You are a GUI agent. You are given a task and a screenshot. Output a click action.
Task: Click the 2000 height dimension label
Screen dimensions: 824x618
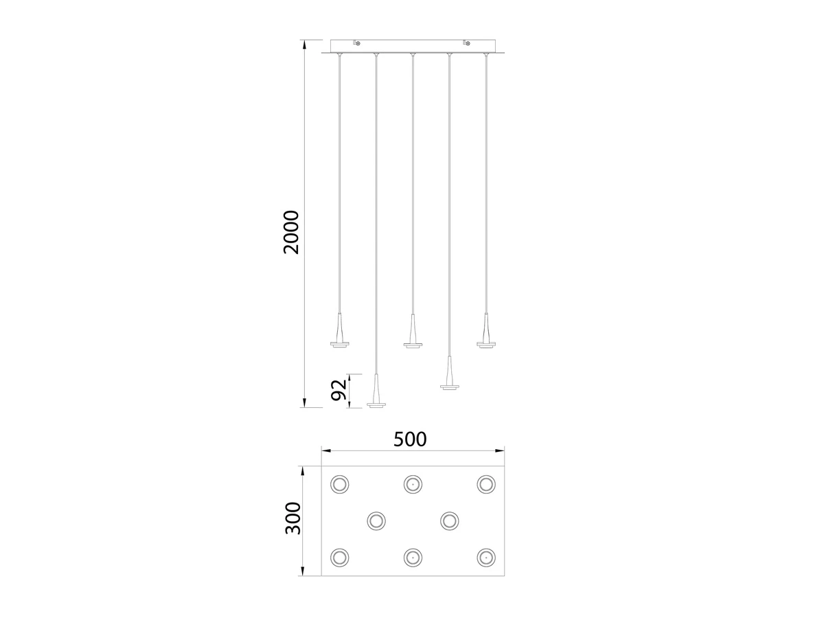click(x=291, y=232)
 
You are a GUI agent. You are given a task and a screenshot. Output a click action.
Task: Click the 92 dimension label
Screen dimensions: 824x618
click(x=339, y=390)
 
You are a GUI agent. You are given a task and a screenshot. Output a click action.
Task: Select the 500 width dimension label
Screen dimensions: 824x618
click(x=410, y=439)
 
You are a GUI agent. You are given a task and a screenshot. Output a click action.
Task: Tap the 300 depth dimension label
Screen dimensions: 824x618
click(x=293, y=518)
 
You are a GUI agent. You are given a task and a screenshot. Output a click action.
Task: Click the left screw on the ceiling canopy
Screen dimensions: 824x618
click(x=357, y=43)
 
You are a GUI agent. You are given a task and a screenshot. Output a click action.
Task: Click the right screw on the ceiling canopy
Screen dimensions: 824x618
click(x=467, y=43)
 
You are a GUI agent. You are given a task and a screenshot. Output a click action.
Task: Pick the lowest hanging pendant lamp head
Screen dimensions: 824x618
click(x=376, y=391)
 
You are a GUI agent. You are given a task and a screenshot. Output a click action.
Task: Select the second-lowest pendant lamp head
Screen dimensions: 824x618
click(x=449, y=373)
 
